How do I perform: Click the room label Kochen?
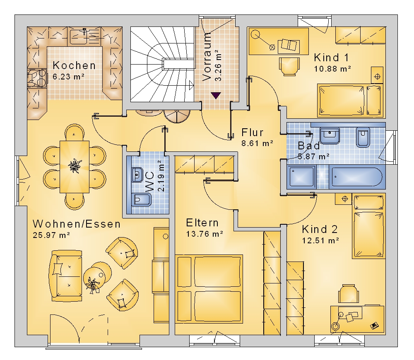coord(74,65)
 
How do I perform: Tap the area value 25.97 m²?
coord(51,235)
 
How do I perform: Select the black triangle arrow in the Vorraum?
coord(216,95)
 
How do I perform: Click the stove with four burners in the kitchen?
coord(37,78)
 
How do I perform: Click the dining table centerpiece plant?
coord(75,166)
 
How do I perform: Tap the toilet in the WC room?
coord(141,199)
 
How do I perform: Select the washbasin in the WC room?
coord(137,174)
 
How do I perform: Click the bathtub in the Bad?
coord(357,177)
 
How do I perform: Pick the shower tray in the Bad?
coord(301,177)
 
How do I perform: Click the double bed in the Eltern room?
coord(209,289)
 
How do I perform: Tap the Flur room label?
coord(253,132)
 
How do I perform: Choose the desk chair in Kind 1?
coord(289,67)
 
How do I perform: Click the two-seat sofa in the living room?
coord(65,276)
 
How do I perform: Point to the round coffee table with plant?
coord(97,277)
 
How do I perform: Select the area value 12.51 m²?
coord(320,240)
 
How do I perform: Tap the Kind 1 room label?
coord(331,58)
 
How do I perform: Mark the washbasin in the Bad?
coord(330,136)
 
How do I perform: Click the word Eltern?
coord(202,223)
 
